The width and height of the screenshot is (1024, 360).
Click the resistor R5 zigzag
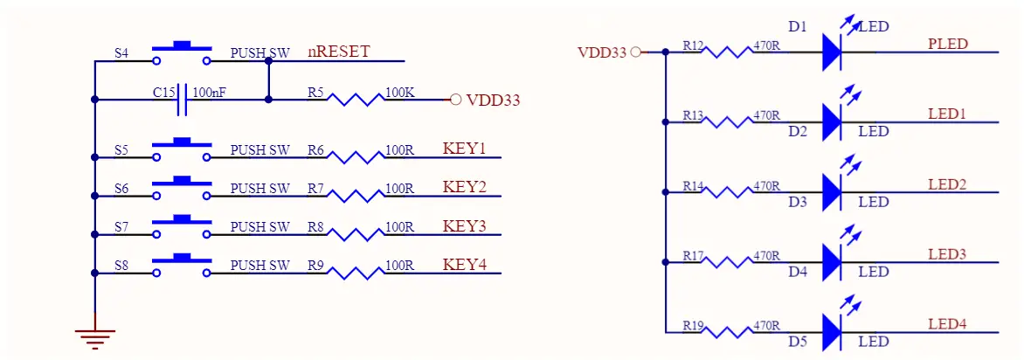tap(356, 100)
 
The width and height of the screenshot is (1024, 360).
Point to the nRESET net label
tap(338, 52)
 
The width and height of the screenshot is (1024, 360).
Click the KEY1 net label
tap(464, 148)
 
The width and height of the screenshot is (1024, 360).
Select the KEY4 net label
tap(464, 264)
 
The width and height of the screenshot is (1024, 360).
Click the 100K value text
tap(400, 92)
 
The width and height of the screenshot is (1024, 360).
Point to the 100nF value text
tap(209, 92)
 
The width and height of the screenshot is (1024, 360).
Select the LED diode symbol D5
tap(832, 331)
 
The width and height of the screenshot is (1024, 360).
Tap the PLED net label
tap(947, 44)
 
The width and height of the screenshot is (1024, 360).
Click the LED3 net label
tap(946, 254)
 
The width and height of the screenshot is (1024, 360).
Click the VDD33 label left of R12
tap(602, 52)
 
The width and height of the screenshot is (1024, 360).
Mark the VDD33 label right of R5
tap(493, 100)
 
